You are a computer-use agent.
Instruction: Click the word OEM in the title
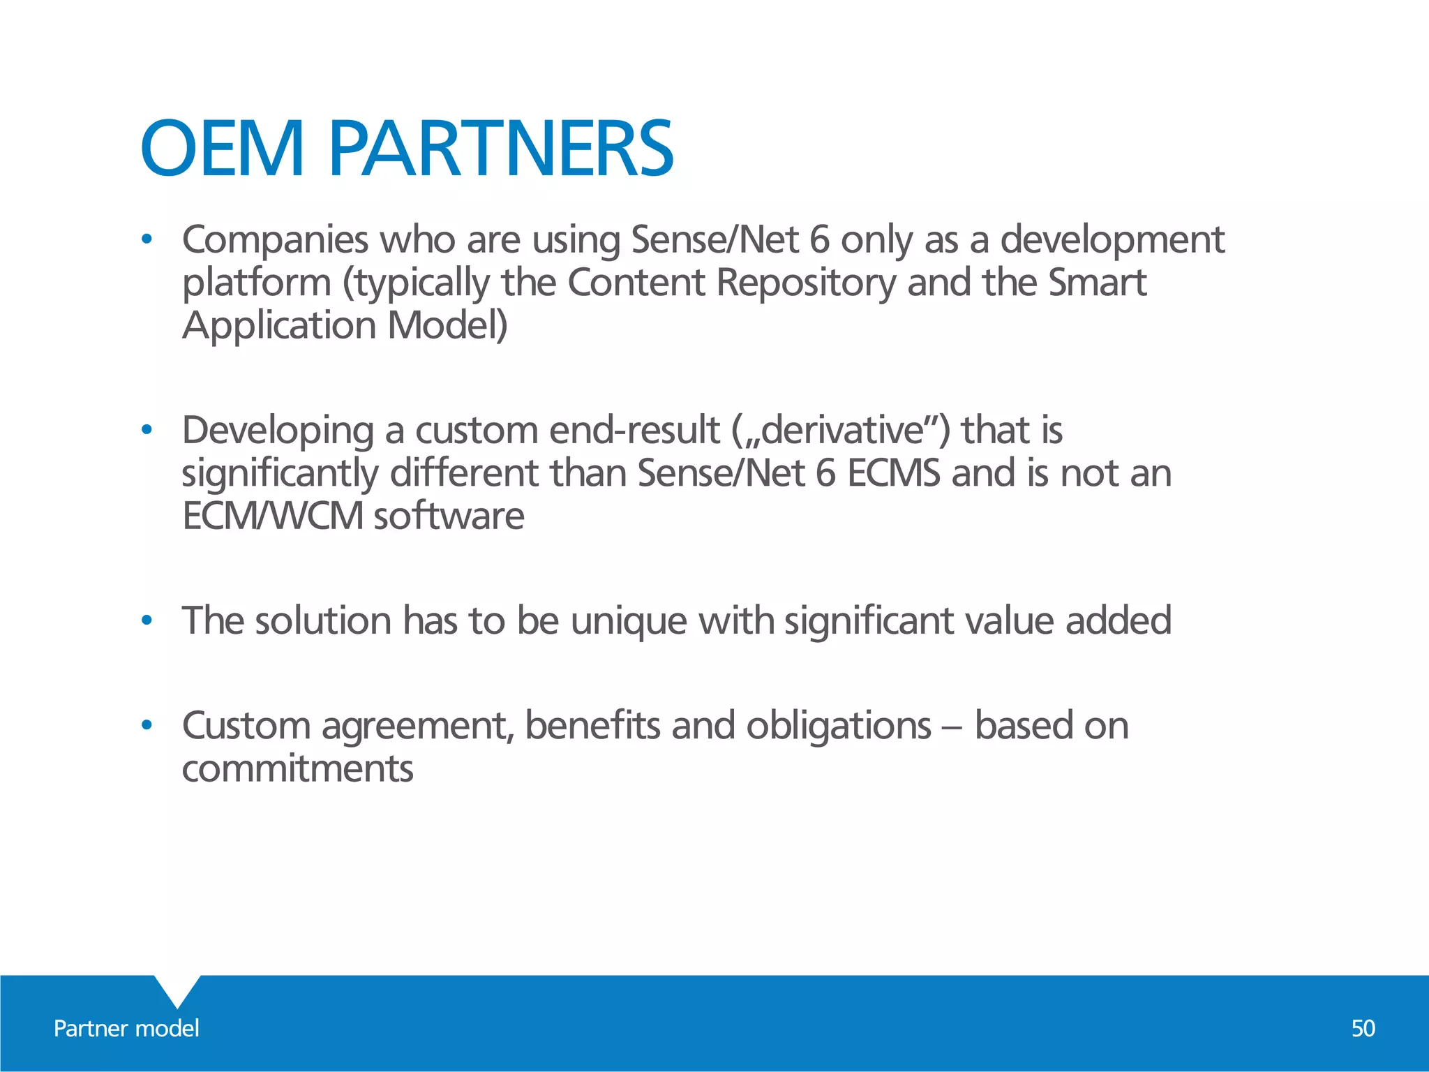pos(222,149)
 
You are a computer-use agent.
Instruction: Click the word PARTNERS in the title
pos(500,149)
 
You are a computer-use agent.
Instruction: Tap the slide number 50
pos(1363,1028)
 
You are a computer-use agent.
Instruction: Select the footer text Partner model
pos(126,1028)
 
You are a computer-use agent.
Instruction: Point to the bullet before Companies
pos(146,240)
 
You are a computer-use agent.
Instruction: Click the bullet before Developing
pos(146,431)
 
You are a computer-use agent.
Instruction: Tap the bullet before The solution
pos(146,620)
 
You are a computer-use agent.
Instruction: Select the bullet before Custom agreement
pos(146,726)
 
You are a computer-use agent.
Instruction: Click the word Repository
pos(806,283)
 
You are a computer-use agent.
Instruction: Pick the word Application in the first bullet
pos(279,326)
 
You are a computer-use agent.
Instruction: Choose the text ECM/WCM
pos(273,516)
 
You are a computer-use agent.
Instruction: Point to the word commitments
pos(298,769)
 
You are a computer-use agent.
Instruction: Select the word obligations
pos(839,726)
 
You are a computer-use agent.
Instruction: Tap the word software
pos(449,516)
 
